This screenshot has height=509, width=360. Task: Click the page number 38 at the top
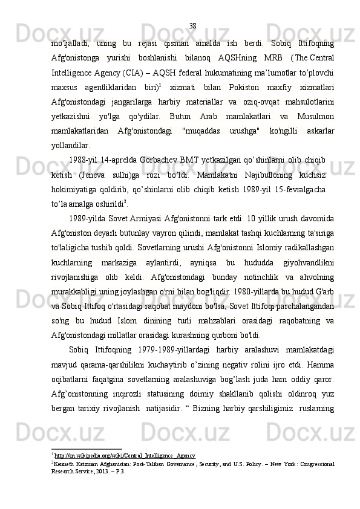192,25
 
